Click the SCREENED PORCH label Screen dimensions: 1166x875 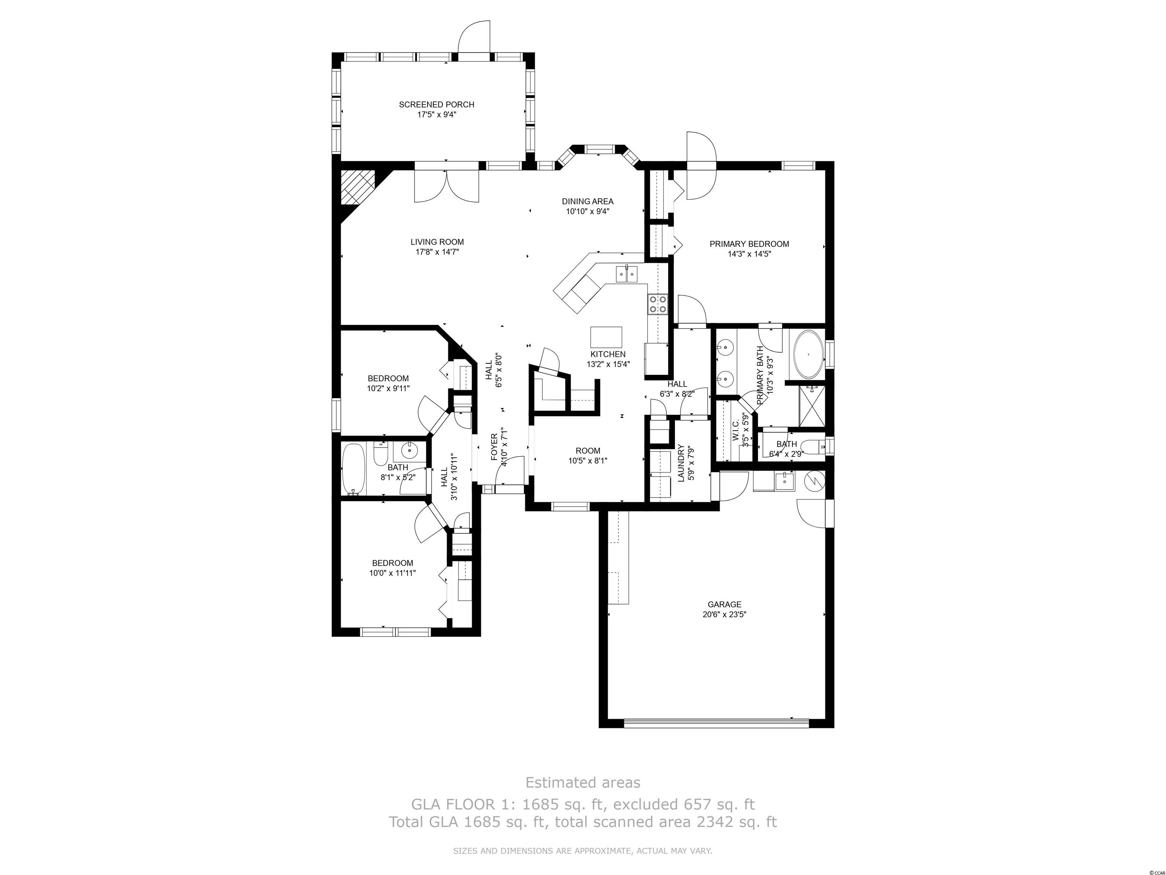436,104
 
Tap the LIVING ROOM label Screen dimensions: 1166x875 437,242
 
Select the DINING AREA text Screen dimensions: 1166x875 587,201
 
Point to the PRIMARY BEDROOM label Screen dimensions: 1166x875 749,244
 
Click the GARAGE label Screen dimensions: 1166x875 724,605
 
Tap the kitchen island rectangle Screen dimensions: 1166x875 606,336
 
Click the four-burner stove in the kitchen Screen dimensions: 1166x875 658,304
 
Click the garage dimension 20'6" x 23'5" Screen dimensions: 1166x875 724,614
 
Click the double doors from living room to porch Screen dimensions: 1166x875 446,186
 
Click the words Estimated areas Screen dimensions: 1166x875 583,782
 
